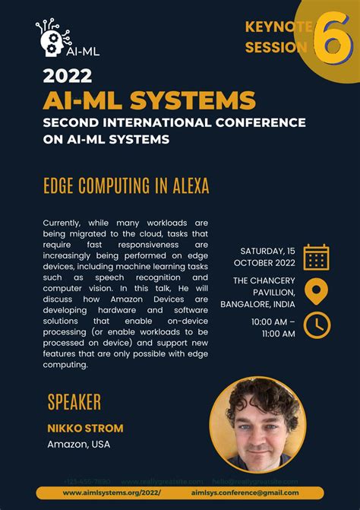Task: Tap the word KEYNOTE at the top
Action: pos(278,27)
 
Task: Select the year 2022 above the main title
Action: pos(68,76)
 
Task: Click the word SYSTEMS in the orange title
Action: pos(204,100)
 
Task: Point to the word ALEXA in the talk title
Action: pos(186,185)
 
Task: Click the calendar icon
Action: pos(316,257)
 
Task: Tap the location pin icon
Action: pos(316,291)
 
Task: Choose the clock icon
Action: pos(316,325)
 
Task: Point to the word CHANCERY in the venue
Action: pos(273,280)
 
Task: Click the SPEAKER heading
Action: pos(74,402)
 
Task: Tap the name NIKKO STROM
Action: pos(85,428)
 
